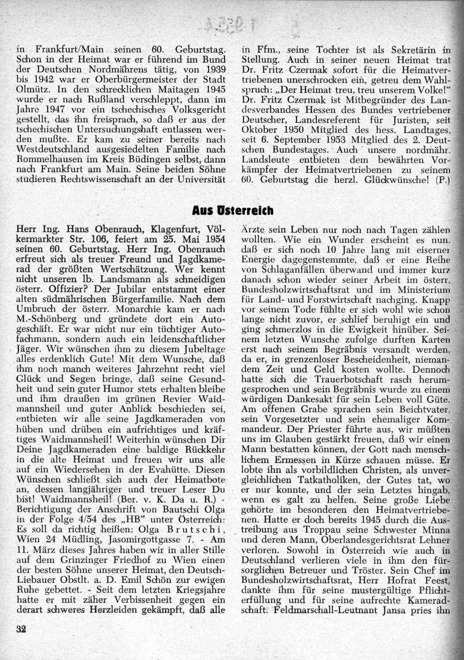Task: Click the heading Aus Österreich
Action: point(232,211)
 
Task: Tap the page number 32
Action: point(20,629)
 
